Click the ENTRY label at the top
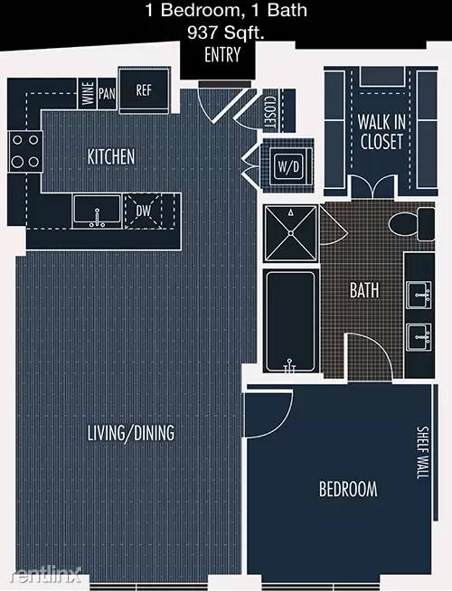click(x=222, y=55)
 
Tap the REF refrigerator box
click(x=144, y=90)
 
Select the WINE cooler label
click(x=88, y=94)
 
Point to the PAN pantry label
click(x=107, y=94)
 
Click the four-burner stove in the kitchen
click(x=25, y=151)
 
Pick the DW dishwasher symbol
click(x=143, y=211)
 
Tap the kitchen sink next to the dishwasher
click(x=97, y=211)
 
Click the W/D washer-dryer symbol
click(x=289, y=166)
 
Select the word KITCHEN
click(x=111, y=156)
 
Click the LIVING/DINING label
click(x=131, y=433)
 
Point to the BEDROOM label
click(x=348, y=489)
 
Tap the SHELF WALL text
click(x=422, y=453)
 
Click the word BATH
click(x=364, y=290)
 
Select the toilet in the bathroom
click(x=411, y=224)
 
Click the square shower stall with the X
click(x=291, y=233)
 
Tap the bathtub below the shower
click(x=290, y=321)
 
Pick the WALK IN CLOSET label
click(x=381, y=132)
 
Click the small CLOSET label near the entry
click(x=270, y=112)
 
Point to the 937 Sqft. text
click(x=226, y=33)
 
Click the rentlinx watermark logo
click(x=45, y=574)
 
